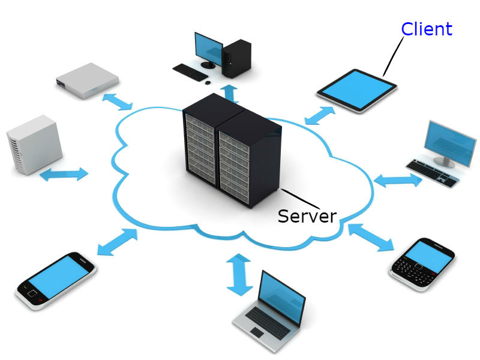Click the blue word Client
click(x=427, y=29)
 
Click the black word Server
click(x=307, y=216)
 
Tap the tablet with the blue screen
click(x=357, y=91)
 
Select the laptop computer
click(x=269, y=311)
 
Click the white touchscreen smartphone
click(x=56, y=281)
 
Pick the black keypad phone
click(x=422, y=264)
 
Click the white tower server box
click(x=34, y=145)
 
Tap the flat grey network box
click(x=88, y=80)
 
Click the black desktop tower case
click(x=236, y=58)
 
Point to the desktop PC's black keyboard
click(x=190, y=72)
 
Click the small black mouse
click(x=208, y=82)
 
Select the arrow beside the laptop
click(x=239, y=274)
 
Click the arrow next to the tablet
click(x=320, y=115)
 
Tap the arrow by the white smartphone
click(x=117, y=242)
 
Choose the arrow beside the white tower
click(x=64, y=174)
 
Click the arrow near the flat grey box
click(x=117, y=101)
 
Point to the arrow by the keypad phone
click(x=371, y=237)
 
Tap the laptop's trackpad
click(x=257, y=332)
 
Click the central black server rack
click(x=232, y=151)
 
